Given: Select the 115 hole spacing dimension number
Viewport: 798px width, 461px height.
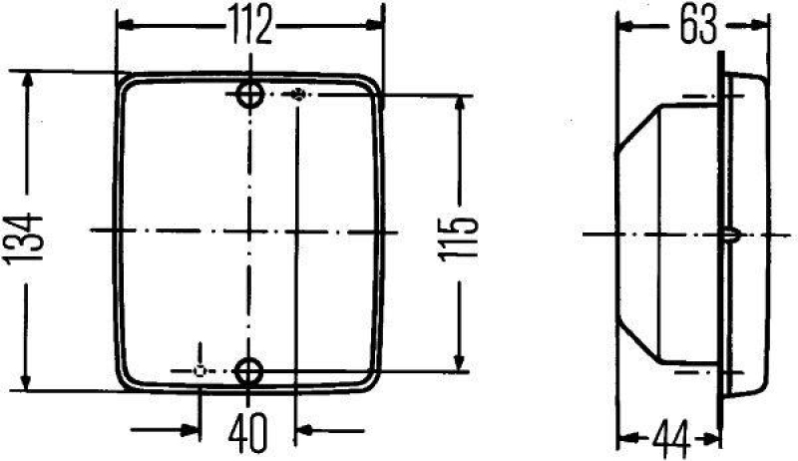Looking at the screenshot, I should click(460, 235).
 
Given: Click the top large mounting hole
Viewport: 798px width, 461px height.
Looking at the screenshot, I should click(248, 96).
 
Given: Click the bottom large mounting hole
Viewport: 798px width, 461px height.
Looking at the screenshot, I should click(248, 371).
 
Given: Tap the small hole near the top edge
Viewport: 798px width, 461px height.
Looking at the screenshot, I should click(297, 95).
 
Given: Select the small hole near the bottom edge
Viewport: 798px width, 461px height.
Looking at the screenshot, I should click(200, 371).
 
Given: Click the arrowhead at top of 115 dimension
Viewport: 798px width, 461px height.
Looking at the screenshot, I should click(460, 104).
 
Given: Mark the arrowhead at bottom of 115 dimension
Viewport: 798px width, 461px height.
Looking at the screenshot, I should click(460, 363).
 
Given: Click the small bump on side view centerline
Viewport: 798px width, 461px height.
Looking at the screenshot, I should click(730, 235).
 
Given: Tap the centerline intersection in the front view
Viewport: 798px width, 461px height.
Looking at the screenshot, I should click(248, 230).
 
